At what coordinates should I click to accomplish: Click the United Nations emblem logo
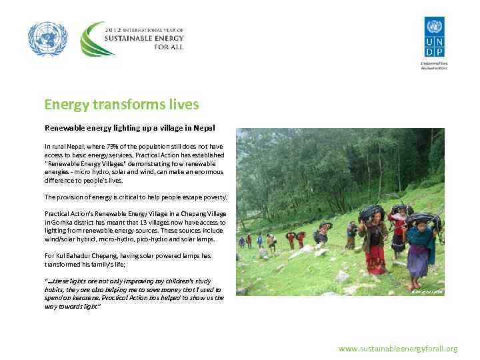point(48,39)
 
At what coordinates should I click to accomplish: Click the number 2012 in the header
point(115,30)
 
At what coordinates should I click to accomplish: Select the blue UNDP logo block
point(433,39)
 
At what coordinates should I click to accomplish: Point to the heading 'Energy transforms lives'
point(121,105)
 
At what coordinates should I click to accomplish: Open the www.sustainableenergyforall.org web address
point(398,349)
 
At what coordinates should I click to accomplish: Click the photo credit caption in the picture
point(426,292)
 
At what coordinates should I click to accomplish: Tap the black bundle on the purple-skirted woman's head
point(419,217)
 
